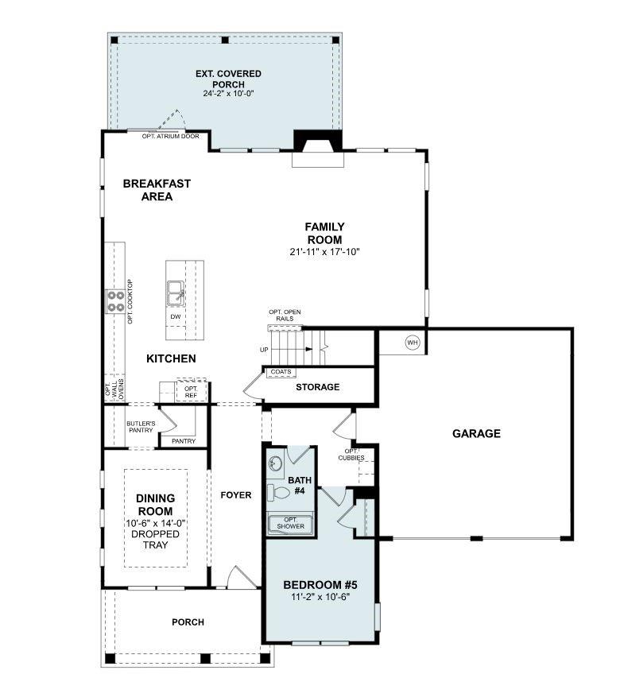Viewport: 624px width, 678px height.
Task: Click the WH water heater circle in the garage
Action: point(412,343)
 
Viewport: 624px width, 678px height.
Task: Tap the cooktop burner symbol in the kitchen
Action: point(116,300)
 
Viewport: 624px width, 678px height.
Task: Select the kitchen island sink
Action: point(176,293)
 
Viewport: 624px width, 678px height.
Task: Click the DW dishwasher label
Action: point(176,316)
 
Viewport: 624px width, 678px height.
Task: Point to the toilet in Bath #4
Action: point(279,492)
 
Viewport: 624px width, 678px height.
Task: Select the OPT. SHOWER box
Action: point(290,523)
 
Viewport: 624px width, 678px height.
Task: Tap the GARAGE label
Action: point(476,433)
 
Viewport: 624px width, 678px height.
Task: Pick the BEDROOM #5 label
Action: point(320,585)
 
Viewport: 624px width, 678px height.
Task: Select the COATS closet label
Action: point(281,372)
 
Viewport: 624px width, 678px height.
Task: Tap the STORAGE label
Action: point(318,387)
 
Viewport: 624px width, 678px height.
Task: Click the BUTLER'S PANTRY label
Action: point(141,428)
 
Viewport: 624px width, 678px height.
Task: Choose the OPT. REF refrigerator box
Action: point(191,392)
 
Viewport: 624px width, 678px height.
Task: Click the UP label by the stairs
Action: point(264,350)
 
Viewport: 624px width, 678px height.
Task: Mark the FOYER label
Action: point(235,495)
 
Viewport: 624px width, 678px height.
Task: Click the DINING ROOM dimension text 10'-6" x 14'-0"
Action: point(156,523)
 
